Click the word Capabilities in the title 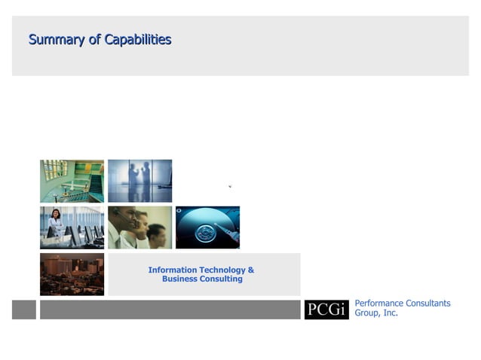138,40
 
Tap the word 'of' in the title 94,40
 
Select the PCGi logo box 326,310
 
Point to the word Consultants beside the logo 427,304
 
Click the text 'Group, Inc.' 376,313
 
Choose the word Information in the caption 173,270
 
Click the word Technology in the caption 222,270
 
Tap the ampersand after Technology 251,270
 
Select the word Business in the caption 180,279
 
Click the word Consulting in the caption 222,279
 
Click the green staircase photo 72,181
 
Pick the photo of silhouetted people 139,181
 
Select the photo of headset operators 139,227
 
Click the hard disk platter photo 207,227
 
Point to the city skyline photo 72,274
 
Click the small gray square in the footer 23,310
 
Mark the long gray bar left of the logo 170,310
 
